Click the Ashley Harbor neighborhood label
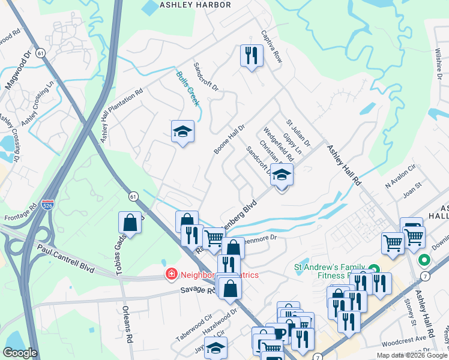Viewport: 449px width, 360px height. point(195,5)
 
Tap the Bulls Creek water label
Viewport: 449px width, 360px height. point(187,88)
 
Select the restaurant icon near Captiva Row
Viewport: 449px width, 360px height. point(252,56)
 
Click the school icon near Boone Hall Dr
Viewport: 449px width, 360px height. point(182,131)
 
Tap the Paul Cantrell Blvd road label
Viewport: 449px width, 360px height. point(66,258)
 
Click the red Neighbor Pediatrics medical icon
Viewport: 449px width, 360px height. point(171,274)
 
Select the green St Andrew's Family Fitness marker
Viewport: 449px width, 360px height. point(374,269)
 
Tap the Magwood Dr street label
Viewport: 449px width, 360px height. point(19,69)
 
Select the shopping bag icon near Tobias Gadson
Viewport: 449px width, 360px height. point(130,223)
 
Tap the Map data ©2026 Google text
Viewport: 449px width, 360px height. point(411,355)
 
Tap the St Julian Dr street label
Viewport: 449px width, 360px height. point(298,133)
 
